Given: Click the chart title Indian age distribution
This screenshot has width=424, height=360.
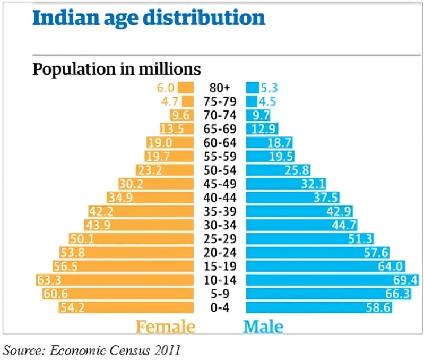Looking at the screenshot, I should coord(149,19).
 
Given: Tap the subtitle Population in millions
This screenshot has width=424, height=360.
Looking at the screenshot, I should coord(117,70).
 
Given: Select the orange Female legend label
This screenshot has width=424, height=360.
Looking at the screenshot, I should coord(165,326).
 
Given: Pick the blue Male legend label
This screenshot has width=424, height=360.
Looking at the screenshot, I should coord(263,326).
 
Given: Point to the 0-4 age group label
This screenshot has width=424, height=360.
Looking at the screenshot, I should coord(219,307).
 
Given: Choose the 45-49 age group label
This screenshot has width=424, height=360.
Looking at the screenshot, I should coord(219,184).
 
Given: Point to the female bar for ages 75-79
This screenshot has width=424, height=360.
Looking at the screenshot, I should coord(188,101).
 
